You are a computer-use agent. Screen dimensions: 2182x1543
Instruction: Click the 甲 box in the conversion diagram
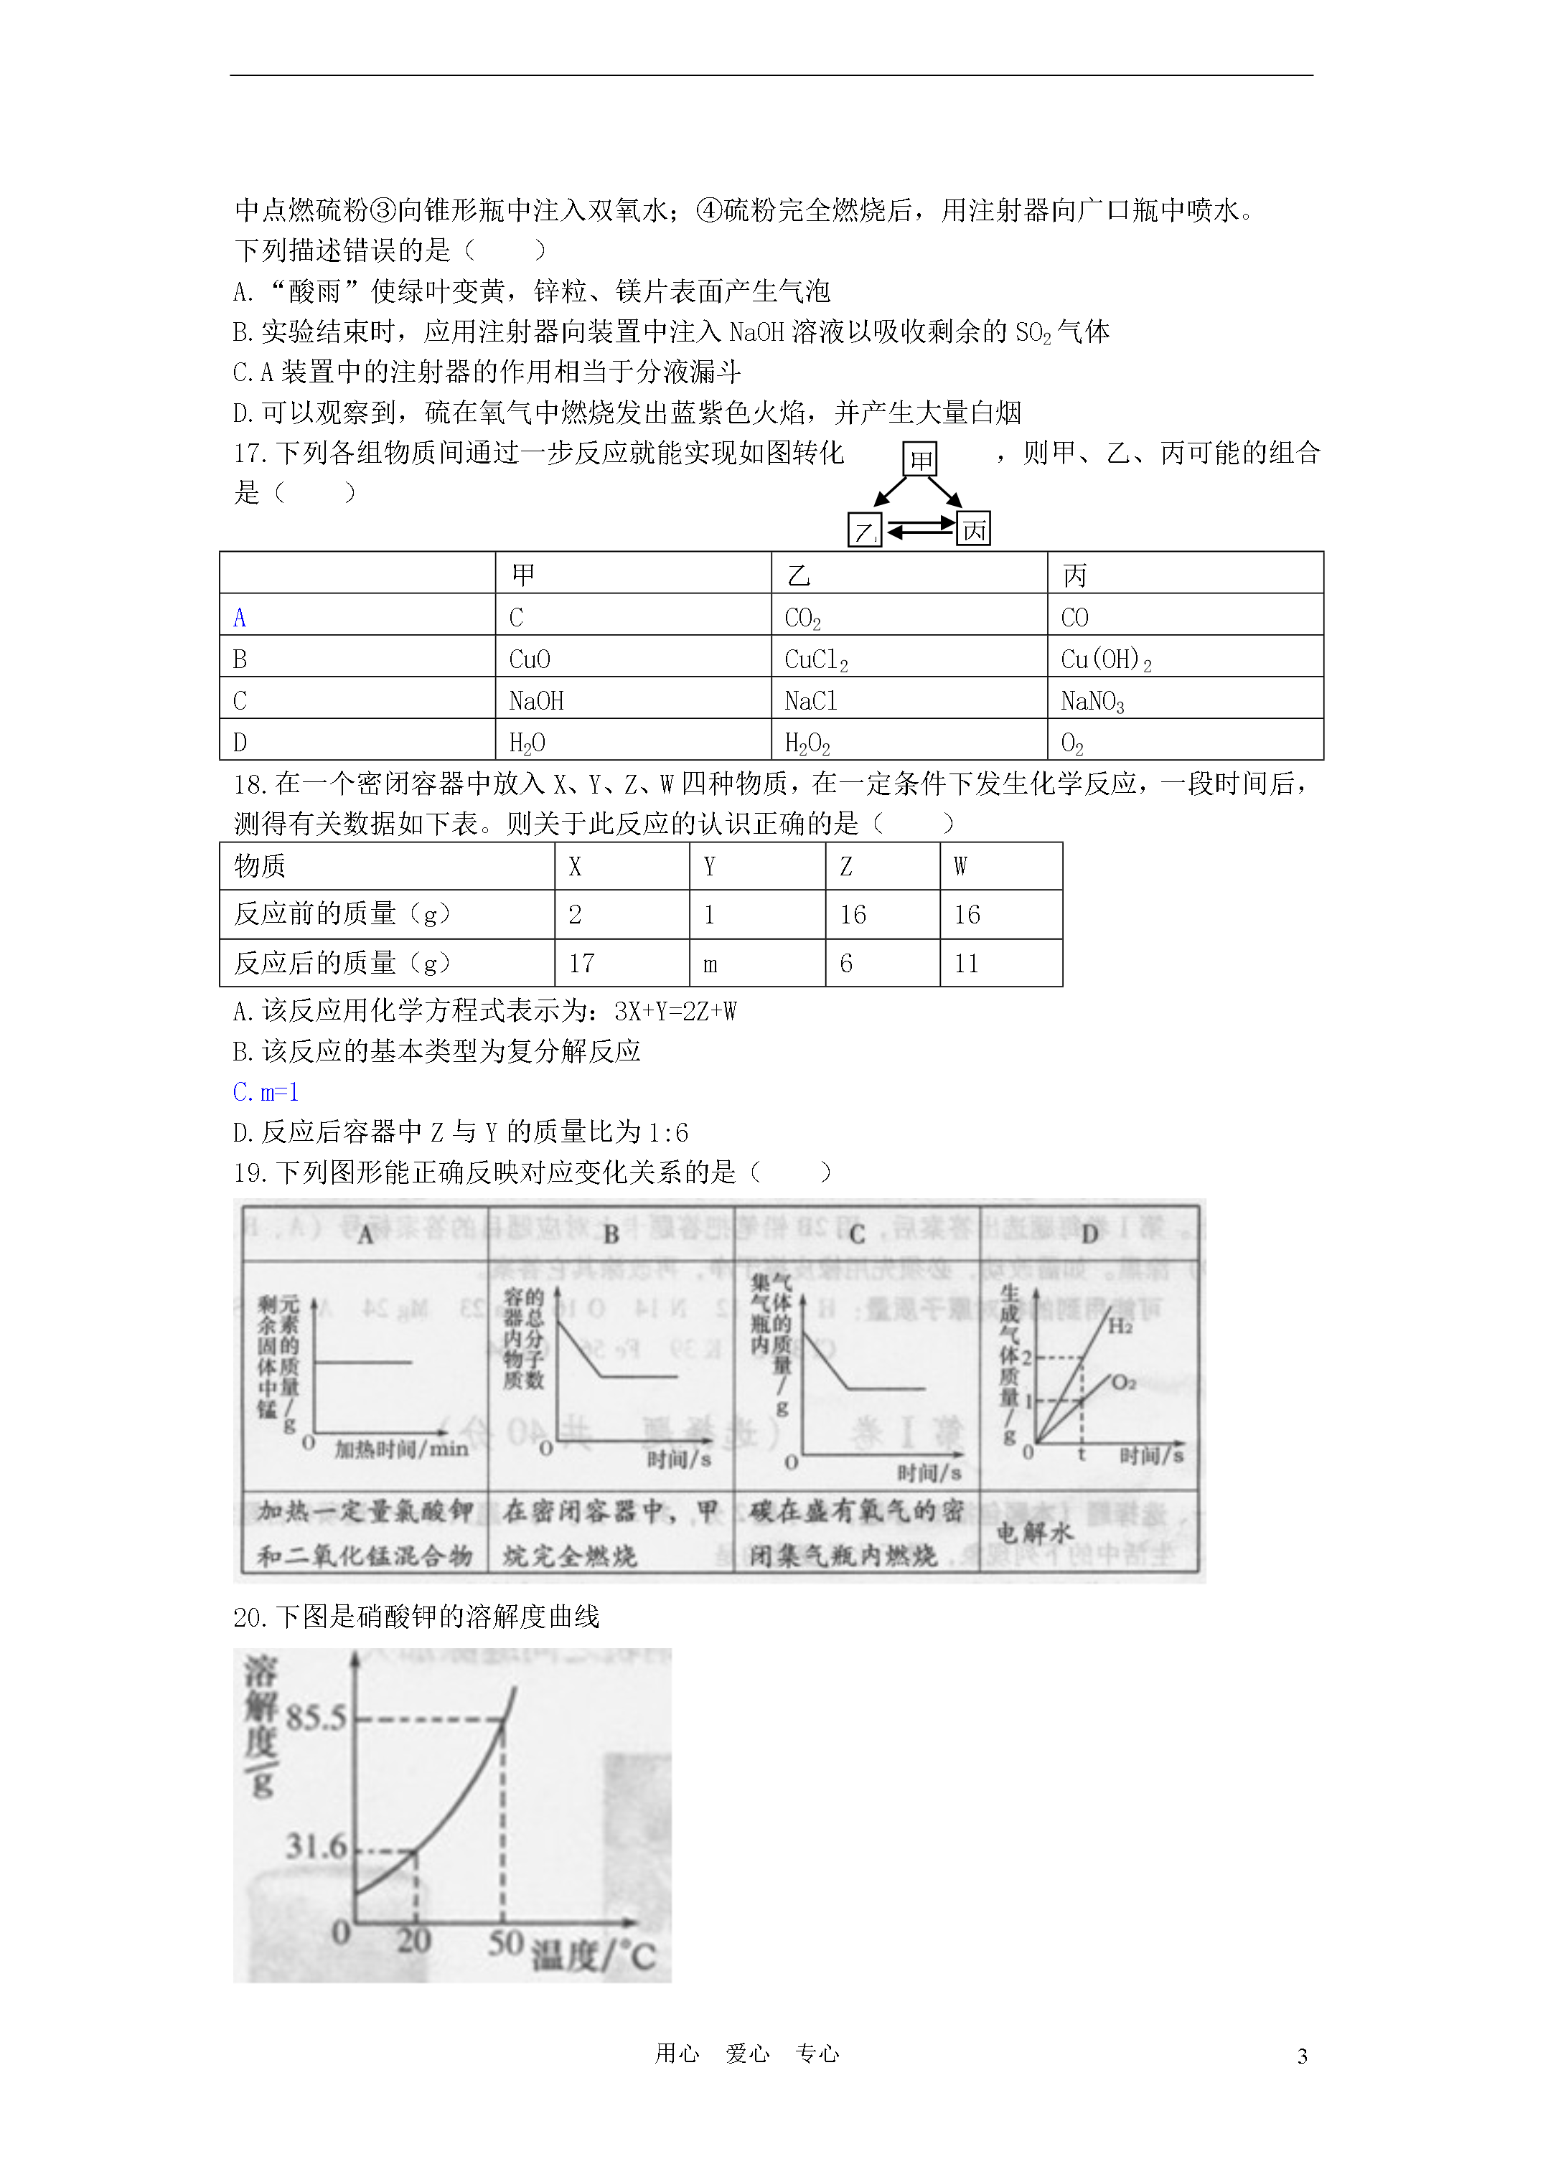pyautogui.click(x=919, y=459)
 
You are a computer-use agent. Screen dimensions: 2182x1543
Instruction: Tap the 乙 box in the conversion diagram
pyautogui.click(x=864, y=530)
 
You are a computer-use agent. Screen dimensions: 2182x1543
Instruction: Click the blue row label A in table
pyautogui.click(x=240, y=618)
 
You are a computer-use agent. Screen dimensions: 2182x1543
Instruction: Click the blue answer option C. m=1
pyautogui.click(x=266, y=1092)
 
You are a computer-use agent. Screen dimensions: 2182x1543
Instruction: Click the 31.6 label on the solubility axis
pyautogui.click(x=316, y=1845)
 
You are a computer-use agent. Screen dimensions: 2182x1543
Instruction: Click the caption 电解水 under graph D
pyautogui.click(x=1034, y=1532)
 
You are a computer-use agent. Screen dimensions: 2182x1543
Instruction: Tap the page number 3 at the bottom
pyautogui.click(x=1302, y=2056)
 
